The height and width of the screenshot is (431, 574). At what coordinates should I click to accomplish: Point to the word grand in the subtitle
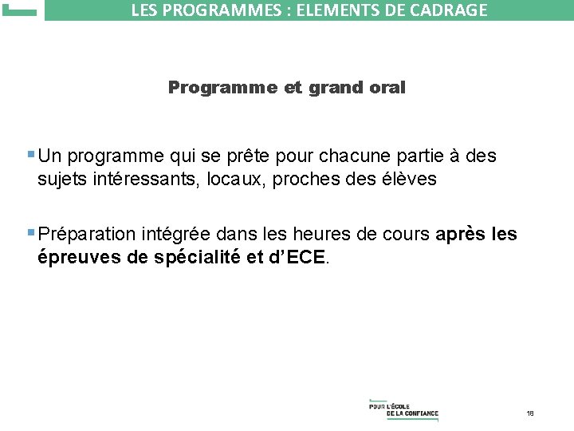coord(331,88)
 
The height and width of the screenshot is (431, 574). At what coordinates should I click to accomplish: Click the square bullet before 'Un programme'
coord(30,153)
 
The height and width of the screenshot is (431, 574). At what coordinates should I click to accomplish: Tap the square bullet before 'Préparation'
coord(30,233)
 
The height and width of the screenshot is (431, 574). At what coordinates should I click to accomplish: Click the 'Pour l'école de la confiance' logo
coord(403,409)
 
